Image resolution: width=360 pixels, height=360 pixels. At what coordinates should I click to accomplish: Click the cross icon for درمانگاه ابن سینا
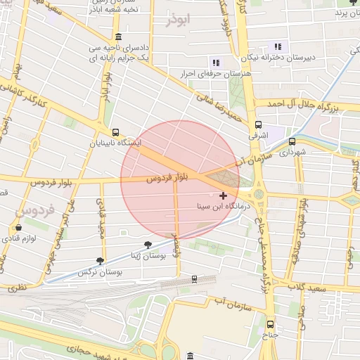point(223,195)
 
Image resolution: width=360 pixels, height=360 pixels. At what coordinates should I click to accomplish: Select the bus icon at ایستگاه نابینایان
point(115,131)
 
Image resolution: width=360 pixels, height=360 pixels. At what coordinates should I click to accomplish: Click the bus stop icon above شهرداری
point(292,139)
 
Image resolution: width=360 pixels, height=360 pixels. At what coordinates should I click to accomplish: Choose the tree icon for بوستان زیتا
point(147,244)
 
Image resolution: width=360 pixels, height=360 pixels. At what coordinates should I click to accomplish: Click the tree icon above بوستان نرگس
point(102,260)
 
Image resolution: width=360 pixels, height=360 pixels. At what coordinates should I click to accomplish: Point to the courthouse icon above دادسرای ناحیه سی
point(117,37)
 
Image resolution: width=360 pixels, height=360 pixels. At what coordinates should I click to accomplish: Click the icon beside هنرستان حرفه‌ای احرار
point(215,61)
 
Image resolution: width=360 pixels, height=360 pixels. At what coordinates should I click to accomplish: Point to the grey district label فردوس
point(30,211)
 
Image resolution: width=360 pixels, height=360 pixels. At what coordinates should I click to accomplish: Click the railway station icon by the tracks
point(194,279)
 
